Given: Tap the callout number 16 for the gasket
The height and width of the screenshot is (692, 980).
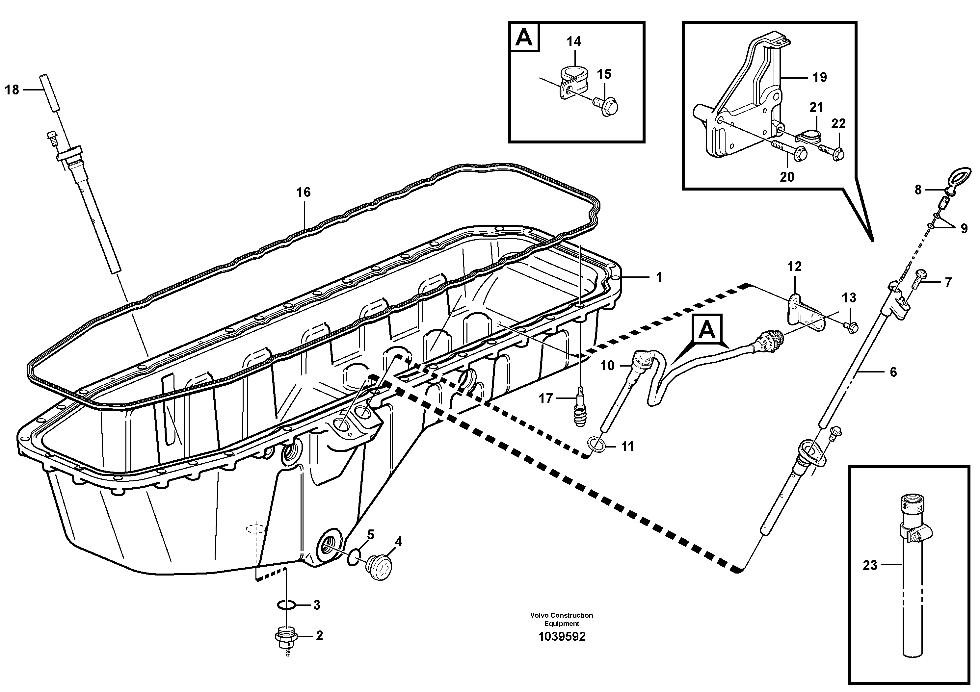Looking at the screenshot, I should pyautogui.click(x=304, y=192).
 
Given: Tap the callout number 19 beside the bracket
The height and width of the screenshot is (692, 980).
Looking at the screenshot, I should pyautogui.click(x=819, y=77).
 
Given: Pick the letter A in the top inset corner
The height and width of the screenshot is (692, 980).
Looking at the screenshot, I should pyautogui.click(x=524, y=38).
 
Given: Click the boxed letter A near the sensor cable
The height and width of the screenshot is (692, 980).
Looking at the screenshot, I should pyautogui.click(x=707, y=329).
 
